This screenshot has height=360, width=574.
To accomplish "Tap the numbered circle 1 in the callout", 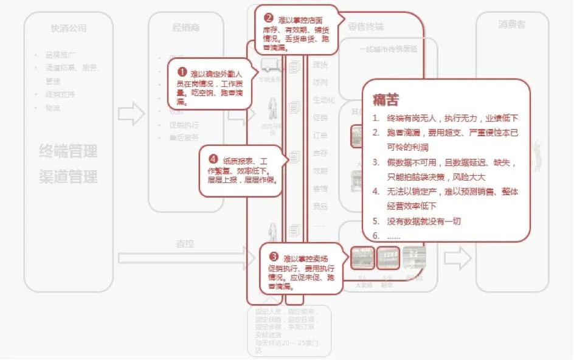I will pos(181,72).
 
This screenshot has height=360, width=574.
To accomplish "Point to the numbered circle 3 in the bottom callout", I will pos(274,257).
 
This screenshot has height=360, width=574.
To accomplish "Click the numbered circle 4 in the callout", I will pos(213,159).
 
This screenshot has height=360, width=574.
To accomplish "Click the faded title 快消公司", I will pos(69,28).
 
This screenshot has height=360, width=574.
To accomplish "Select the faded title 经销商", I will pos(186,28).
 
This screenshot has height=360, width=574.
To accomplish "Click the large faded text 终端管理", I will pos(67,151).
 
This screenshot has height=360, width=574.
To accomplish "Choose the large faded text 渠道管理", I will pos(67,177).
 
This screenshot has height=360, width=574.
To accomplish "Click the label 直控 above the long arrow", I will pos(184,243).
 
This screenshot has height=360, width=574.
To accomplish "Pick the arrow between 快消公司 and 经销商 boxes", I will pos(130,114).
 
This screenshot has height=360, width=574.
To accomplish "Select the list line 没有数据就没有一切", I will pos(424,221).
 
